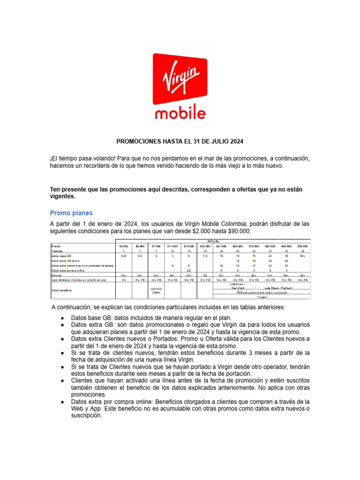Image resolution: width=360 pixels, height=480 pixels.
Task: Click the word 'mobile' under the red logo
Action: (180, 113)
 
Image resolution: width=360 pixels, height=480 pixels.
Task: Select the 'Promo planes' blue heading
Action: (71, 213)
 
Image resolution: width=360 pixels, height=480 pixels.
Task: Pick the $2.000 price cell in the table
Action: (124, 246)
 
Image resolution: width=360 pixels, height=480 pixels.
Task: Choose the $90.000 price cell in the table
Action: (302, 246)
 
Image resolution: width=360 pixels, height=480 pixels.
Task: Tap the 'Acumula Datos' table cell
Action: (156, 291)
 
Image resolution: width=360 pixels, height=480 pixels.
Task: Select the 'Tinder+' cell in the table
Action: (261, 297)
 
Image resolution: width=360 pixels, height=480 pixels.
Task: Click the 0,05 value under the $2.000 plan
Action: (124, 256)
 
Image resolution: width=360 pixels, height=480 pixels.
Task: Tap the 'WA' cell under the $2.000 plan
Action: (124, 280)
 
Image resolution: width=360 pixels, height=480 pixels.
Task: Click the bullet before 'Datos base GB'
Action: (62, 318)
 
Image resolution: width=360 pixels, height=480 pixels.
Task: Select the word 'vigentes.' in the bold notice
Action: (63, 196)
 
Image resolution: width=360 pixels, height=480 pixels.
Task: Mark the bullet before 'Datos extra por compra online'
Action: (62, 402)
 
